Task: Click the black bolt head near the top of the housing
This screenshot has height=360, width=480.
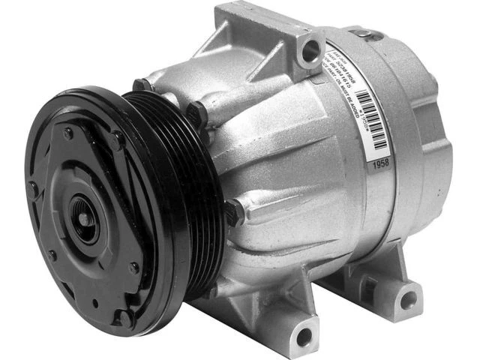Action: coord(197,114)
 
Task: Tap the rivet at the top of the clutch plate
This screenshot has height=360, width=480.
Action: coord(69,133)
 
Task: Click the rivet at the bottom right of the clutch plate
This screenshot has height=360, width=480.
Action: coord(133,268)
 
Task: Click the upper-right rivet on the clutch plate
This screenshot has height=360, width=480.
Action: coord(117,139)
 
